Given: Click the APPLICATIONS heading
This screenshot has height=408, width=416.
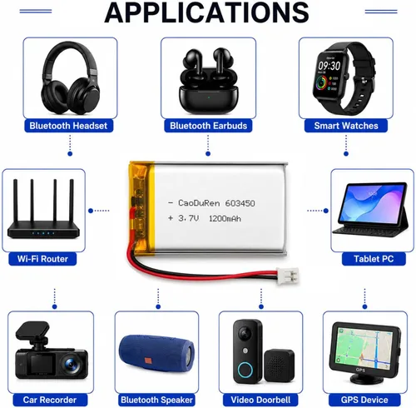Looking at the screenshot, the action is tap(206, 12).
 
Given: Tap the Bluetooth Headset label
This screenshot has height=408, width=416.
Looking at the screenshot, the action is tap(68, 126).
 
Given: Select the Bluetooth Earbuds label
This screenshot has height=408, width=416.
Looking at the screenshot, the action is tap(208, 126).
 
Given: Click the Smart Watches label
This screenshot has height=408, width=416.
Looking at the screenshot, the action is tap(346, 126).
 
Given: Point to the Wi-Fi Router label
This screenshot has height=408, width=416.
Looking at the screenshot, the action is tap(42, 259).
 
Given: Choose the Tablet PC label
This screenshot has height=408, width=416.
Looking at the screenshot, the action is tap(374, 259).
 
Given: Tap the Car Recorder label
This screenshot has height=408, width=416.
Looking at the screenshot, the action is tap(50, 400).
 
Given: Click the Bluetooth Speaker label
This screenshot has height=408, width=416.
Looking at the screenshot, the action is tap(156, 400).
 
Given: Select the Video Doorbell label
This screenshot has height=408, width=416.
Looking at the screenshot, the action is tap(260, 400).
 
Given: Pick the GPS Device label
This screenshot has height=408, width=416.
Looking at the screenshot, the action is tap(364, 400).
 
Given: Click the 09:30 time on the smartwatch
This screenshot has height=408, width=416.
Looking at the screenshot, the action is tap(329, 66).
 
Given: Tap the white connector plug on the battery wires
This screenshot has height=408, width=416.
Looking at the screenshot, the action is tap(288, 276).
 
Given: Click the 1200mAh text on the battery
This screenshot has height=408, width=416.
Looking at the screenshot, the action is tap(225, 219).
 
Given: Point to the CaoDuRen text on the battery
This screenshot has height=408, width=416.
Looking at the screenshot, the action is tap(200, 203).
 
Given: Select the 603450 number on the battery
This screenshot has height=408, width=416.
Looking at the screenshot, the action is tap(240, 203).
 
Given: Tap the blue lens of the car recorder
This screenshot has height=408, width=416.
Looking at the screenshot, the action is tap(72, 363).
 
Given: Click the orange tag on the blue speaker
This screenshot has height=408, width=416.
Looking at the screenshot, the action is tap(148, 360).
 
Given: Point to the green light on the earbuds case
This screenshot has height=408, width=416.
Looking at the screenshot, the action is tap(209, 97).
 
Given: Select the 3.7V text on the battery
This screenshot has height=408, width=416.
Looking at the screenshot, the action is tap(189, 218).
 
